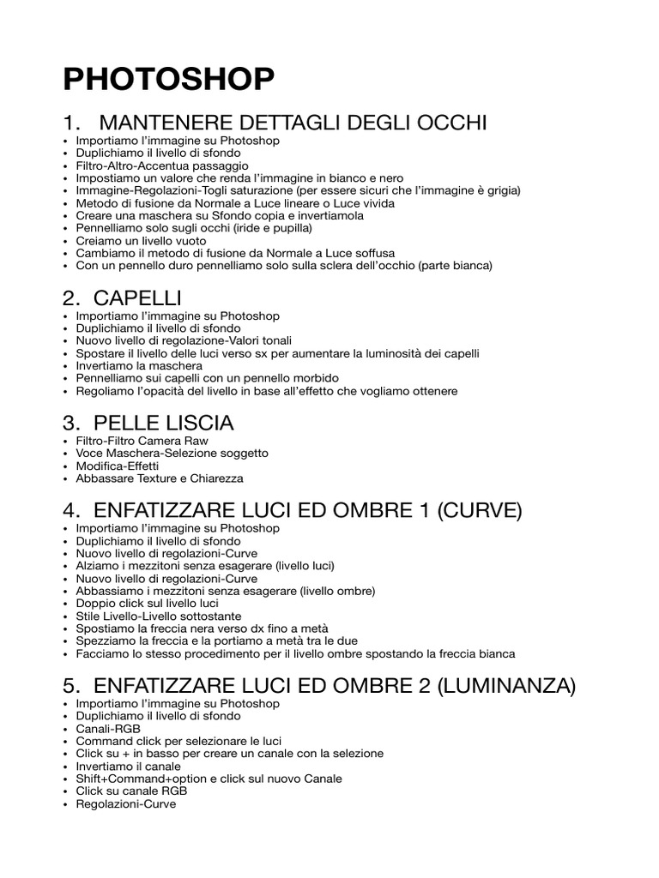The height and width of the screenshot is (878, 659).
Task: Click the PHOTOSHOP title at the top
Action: (x=169, y=80)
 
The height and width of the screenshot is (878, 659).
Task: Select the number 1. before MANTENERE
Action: (x=73, y=123)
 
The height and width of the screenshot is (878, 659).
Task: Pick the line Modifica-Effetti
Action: (x=117, y=466)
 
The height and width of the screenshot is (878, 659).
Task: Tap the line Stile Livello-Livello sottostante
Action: (x=170, y=616)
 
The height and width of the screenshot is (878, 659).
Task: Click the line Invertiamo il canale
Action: (x=128, y=766)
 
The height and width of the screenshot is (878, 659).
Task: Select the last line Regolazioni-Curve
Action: (x=125, y=804)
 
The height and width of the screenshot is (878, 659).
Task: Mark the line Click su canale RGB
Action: (x=131, y=791)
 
